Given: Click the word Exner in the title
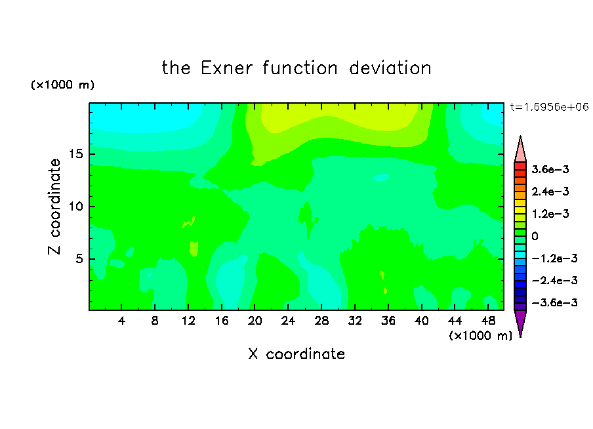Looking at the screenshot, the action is [226, 68].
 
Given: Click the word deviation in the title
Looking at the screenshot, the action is [390, 68].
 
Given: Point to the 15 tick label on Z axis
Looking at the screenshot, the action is [76, 154].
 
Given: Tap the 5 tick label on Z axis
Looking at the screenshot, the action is [79, 258].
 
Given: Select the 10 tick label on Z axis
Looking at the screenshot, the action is [76, 207].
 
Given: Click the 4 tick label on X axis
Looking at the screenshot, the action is [121, 321].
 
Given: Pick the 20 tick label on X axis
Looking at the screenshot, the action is [255, 321].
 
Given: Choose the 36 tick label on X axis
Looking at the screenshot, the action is [388, 321].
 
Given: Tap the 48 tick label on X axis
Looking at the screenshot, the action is [488, 321].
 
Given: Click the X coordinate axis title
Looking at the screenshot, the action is [296, 354].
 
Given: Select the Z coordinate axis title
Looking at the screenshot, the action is [54, 207].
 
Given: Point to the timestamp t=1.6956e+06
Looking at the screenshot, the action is [549, 107].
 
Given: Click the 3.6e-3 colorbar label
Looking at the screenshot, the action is [550, 169].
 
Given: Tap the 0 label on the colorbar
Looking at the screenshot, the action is [535, 236].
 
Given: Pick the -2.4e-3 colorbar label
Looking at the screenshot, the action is [554, 280].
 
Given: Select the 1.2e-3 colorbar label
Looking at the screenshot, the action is [550, 214].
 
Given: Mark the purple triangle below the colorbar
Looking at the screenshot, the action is [520, 322].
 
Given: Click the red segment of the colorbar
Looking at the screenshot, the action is [520, 166].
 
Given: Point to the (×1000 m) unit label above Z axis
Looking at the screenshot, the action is [62, 85].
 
